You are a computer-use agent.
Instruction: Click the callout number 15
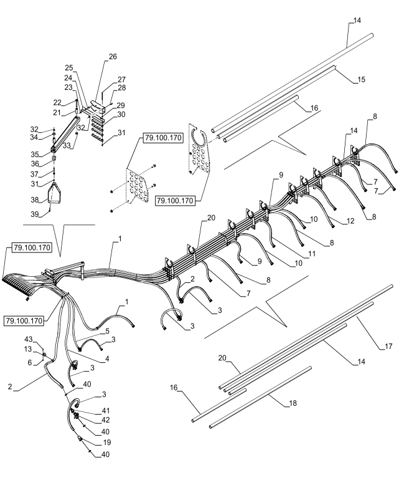click(361, 80)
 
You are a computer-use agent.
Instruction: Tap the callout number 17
click(388, 346)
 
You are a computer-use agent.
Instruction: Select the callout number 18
click(293, 403)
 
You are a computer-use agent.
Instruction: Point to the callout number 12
click(350, 221)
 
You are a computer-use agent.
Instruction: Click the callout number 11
click(312, 254)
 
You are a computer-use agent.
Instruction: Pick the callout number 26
click(113, 57)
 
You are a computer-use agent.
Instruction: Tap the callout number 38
click(34, 200)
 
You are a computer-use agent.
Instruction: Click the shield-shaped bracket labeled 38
click(54, 193)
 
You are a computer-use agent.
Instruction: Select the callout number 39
click(34, 214)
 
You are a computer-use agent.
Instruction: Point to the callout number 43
click(29, 340)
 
